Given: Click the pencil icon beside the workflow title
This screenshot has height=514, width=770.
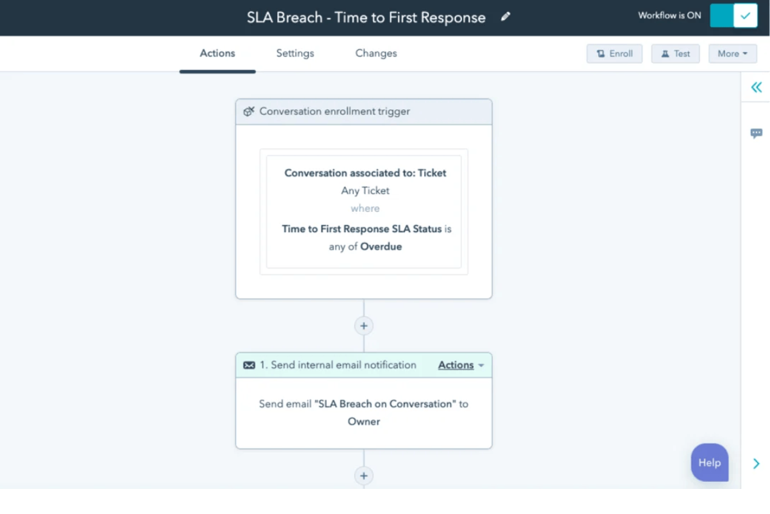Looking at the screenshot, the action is pos(506,17).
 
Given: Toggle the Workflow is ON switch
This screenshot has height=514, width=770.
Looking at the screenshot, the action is pos(733,16).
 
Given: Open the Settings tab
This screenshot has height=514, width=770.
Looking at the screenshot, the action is pos(295,53).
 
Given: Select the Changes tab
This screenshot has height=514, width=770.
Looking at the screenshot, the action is pos(376,53).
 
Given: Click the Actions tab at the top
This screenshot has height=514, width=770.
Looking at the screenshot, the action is pos(218,53).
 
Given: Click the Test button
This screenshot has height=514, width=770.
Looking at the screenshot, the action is pos(675,54).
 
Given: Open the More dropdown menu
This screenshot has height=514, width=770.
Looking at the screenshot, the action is pos(732,54).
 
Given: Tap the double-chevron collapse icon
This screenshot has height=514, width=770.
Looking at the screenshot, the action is pos(757,87).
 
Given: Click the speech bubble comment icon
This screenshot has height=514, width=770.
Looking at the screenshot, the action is pos(757,134).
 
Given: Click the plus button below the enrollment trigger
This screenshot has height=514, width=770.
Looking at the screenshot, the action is pos(364,326).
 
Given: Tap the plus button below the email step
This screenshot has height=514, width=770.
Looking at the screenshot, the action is pos(364,476).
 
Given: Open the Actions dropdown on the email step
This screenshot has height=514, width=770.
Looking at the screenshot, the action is pos(461,365).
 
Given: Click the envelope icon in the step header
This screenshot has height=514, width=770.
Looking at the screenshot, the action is pos(249,366).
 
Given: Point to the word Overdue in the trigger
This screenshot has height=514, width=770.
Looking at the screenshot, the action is pos(381,247).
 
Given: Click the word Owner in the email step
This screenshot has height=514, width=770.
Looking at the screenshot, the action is pos(364,421).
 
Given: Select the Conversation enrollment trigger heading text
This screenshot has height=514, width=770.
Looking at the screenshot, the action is pos(334,111).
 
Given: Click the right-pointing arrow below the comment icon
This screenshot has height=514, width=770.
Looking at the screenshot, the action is pos(757,463).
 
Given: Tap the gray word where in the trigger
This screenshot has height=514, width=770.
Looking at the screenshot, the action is pos(365,208).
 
